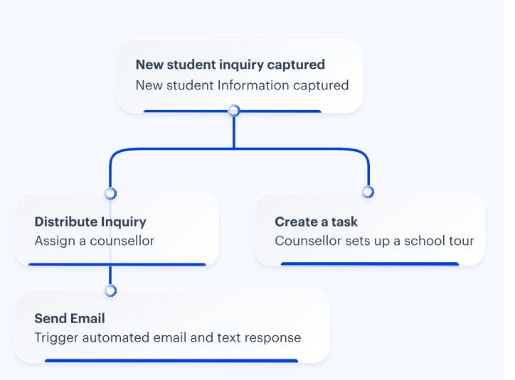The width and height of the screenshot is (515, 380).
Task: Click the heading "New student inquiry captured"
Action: click(230, 65)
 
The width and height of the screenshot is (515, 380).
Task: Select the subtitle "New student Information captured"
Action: click(242, 85)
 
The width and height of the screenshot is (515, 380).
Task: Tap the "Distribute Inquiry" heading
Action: click(90, 222)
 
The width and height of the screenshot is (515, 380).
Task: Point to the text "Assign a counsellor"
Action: click(95, 241)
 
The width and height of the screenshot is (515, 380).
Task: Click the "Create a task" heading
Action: click(316, 222)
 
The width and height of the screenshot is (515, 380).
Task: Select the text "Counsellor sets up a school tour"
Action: click(374, 241)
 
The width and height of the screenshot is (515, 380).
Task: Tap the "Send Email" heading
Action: click(70, 318)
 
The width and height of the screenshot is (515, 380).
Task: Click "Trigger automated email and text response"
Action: click(168, 337)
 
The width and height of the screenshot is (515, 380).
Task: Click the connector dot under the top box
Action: click(233, 110)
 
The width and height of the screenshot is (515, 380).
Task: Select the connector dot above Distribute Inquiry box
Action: click(110, 193)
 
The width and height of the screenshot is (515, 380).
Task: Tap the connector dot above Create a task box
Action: click(368, 192)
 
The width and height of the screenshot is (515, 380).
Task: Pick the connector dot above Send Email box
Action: click(110, 291)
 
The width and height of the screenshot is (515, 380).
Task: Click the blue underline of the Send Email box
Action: click(171, 361)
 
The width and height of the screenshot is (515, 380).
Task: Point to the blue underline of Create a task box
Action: click(369, 264)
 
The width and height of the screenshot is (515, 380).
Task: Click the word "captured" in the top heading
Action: click(296, 65)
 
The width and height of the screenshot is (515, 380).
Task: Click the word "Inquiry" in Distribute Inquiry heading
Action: click(123, 222)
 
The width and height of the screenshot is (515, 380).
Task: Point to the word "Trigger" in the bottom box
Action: click(56, 337)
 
